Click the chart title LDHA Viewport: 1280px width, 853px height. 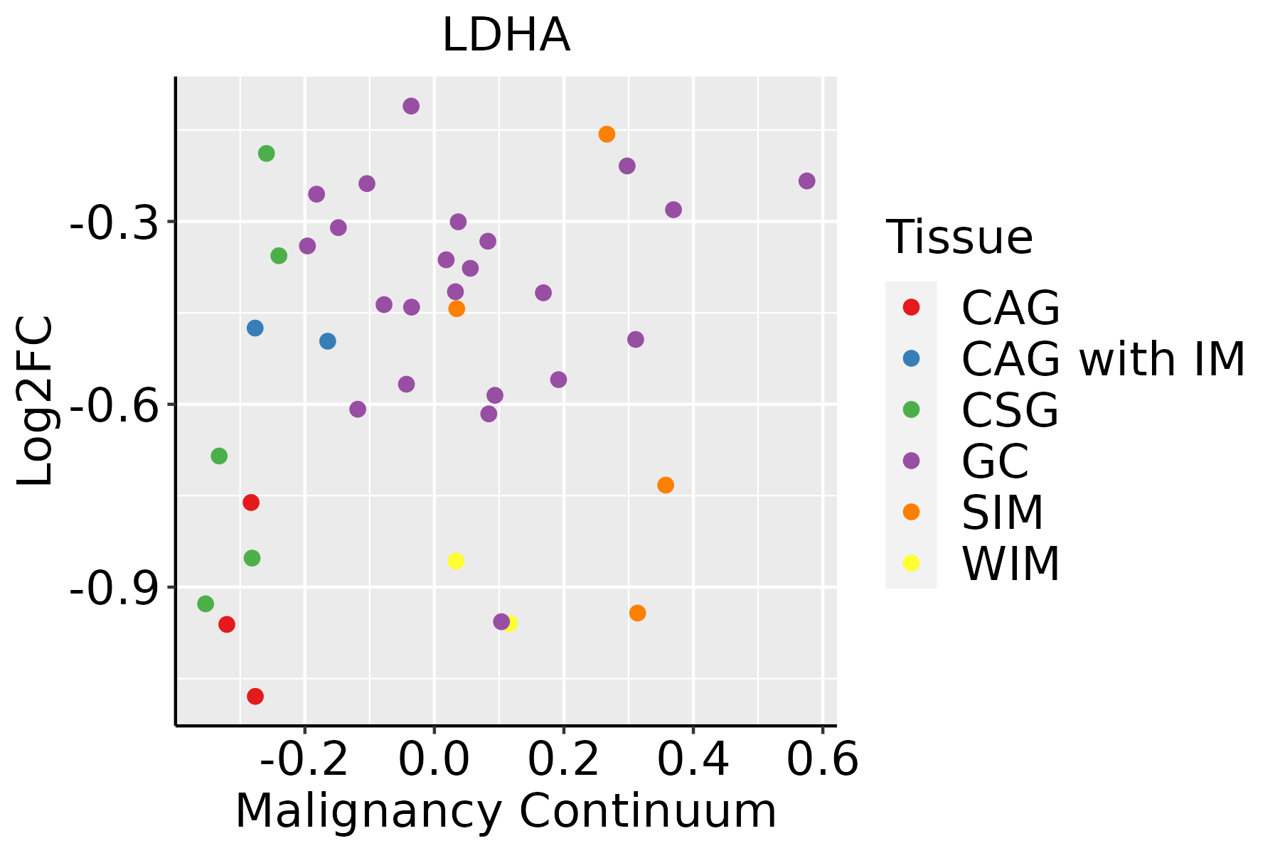[x=506, y=36]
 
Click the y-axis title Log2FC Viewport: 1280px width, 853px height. [x=36, y=401]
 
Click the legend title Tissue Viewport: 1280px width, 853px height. [x=959, y=237]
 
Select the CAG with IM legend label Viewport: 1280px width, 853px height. [x=1103, y=359]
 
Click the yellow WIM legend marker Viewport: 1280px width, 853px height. [x=910, y=563]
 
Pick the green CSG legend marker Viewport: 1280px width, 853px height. [x=910, y=409]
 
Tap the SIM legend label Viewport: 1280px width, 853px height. [x=1002, y=513]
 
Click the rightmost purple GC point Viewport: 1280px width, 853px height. [x=806, y=181]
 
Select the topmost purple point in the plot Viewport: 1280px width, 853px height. [x=411, y=106]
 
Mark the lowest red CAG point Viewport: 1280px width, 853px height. [x=255, y=696]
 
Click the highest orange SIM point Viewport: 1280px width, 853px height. [x=607, y=134]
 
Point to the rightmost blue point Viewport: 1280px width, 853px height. [x=328, y=341]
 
